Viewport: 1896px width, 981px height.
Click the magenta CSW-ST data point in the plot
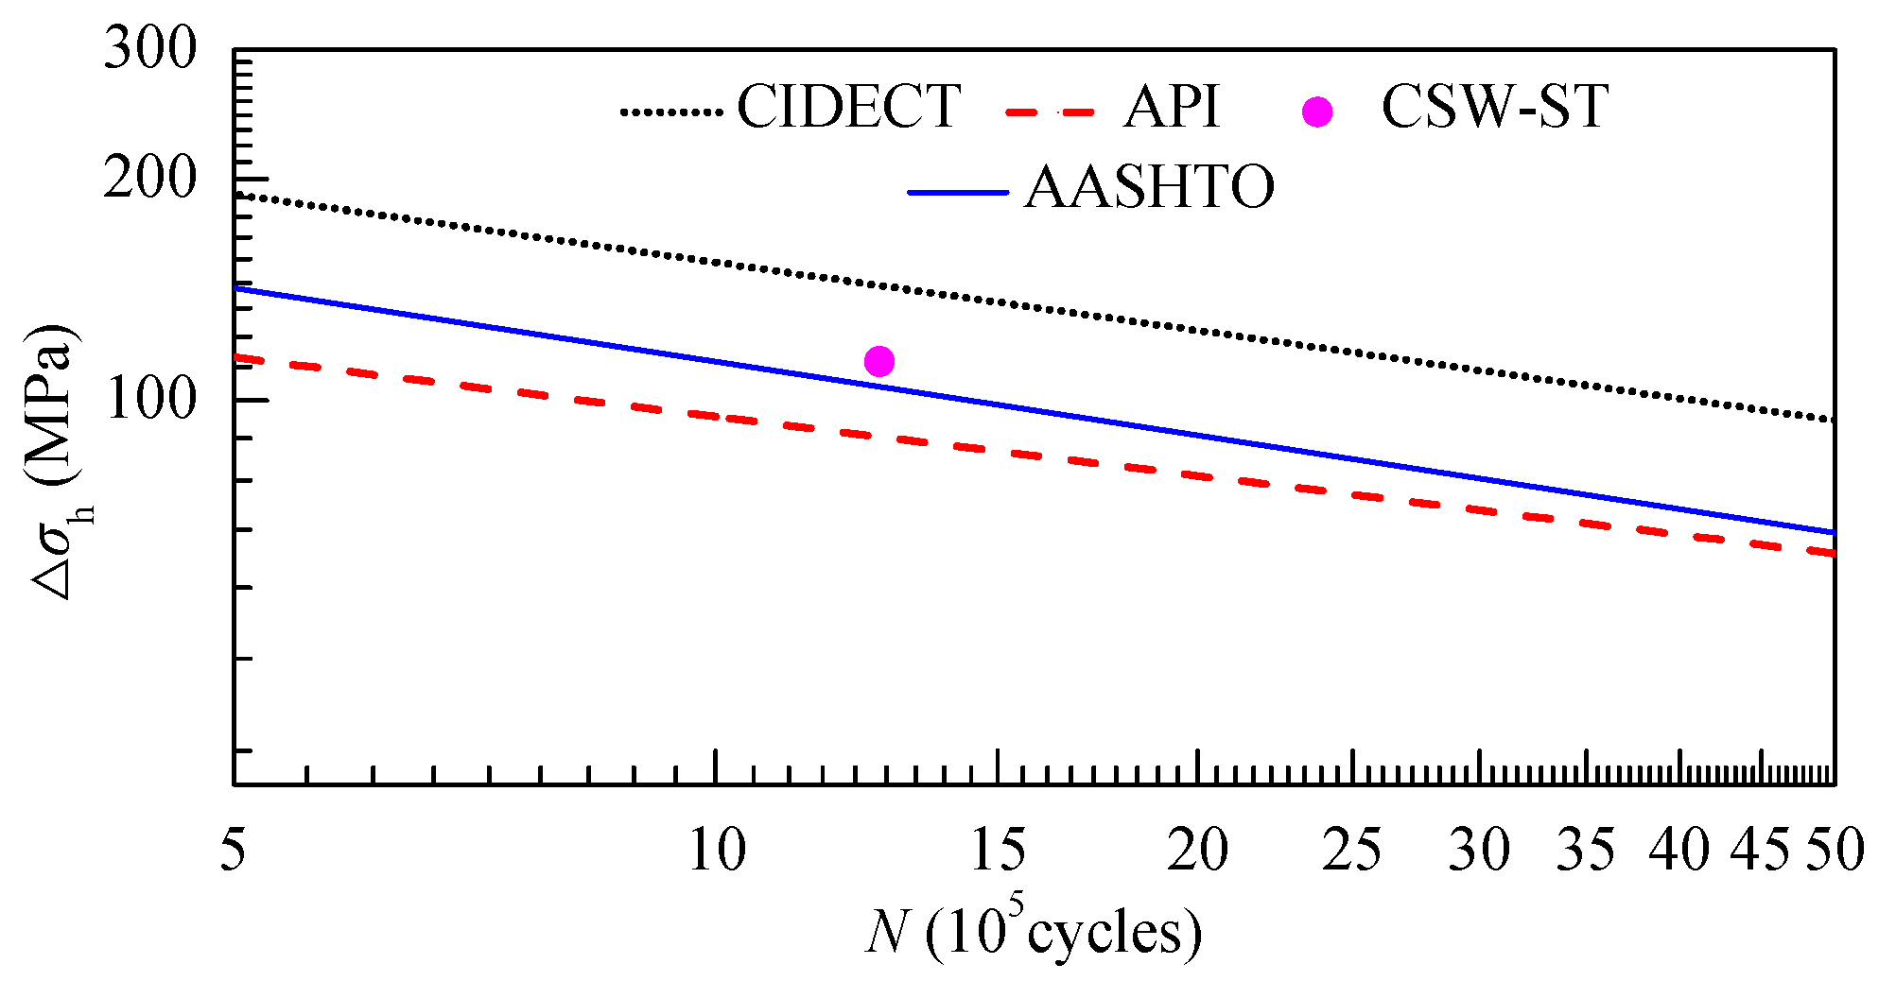878,361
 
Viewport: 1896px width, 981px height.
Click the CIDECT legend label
848,106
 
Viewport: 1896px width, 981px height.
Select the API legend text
1172,106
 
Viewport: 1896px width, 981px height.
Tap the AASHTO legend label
1149,187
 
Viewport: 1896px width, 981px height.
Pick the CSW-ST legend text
1494,106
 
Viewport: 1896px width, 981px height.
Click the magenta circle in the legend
1316,112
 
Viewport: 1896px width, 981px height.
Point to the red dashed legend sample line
1050,112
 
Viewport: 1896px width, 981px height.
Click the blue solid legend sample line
958,193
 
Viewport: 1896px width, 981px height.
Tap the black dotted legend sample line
671,112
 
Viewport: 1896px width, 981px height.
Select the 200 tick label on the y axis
149,177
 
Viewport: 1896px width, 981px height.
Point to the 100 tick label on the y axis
149,400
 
